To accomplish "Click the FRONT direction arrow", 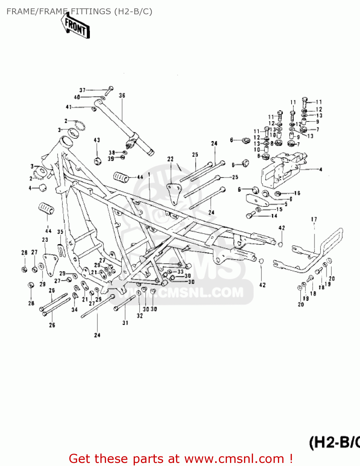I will click(76, 27).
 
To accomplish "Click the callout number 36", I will click(122, 95).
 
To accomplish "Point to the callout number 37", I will click(82, 90).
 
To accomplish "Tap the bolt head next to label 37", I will click(111, 89).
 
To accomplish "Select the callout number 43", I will click(97, 140).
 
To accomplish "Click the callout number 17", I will click(314, 219).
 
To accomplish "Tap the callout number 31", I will click(125, 323).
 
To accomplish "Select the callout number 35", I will click(60, 232).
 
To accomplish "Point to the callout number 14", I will click(274, 216).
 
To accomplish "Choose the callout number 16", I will click(297, 193).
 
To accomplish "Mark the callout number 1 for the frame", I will click(149, 174).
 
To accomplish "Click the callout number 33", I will click(180, 272).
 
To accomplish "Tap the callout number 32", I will click(140, 316).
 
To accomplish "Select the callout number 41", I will click(69, 107).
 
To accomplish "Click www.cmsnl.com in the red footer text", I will click(234, 459).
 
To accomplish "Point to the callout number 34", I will click(74, 309).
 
